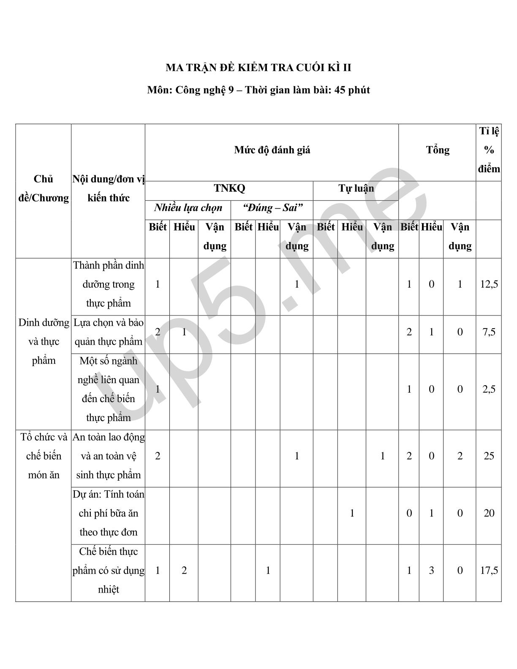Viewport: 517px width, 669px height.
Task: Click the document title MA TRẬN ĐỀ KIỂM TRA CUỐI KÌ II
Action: coord(258,68)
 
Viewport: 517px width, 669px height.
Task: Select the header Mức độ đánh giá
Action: coord(272,150)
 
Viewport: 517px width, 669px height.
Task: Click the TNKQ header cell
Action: coord(229,188)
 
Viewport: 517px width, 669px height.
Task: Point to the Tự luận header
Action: coord(356,188)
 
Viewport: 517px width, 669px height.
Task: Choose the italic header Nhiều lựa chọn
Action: coord(188,208)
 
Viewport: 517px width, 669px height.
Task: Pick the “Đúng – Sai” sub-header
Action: coord(272,208)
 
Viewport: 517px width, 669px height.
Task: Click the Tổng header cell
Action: coord(438,150)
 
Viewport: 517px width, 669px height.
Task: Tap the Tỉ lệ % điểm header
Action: coord(489,150)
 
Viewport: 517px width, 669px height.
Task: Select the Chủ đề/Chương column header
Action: coord(44,188)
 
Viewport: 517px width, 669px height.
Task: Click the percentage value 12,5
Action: coord(489,284)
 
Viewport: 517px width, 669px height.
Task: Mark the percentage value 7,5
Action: coord(489,332)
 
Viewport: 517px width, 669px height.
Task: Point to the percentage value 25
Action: coord(489,456)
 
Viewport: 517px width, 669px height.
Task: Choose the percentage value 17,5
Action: coord(489,571)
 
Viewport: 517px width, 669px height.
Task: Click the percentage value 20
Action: coord(489,513)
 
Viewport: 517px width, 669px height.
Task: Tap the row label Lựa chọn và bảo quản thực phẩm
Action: coord(109,332)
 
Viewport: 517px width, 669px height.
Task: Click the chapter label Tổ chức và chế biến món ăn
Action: coord(44,456)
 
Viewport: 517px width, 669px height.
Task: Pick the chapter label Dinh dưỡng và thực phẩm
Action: coord(44,341)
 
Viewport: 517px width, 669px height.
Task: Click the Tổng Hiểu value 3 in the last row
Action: coord(431,571)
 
